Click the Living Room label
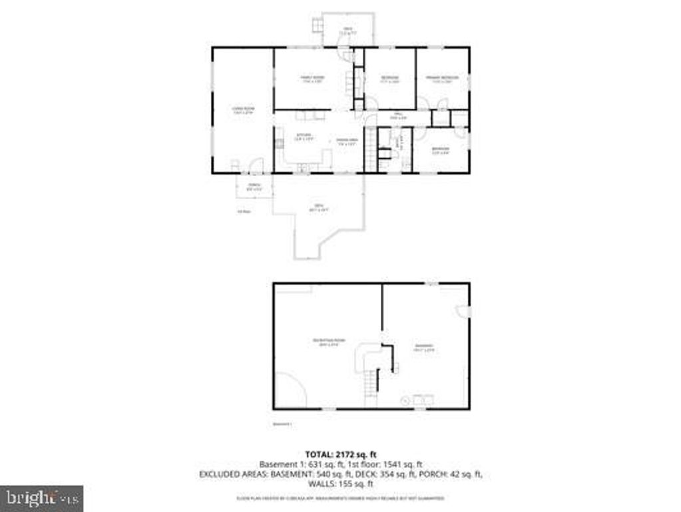(243, 111)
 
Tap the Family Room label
(312, 79)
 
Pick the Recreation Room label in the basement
(329, 343)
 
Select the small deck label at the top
(347, 31)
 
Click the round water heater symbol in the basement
(405, 400)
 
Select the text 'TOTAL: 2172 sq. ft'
(340, 453)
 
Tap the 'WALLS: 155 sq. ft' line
(340, 485)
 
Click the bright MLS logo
(41, 497)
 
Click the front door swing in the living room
(256, 165)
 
